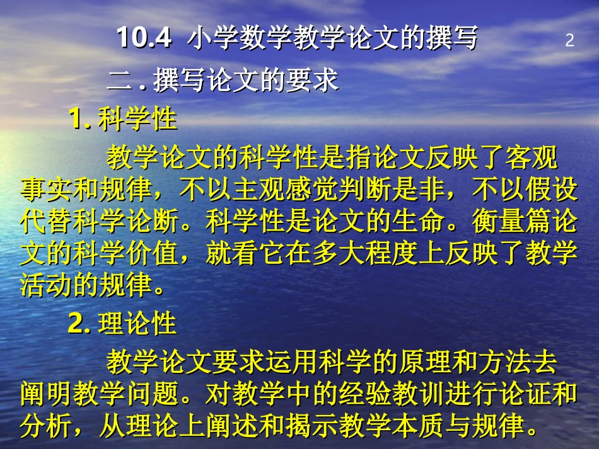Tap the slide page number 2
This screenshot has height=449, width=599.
570,41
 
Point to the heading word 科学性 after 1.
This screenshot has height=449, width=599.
137,119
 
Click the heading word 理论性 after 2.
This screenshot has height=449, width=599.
137,324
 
